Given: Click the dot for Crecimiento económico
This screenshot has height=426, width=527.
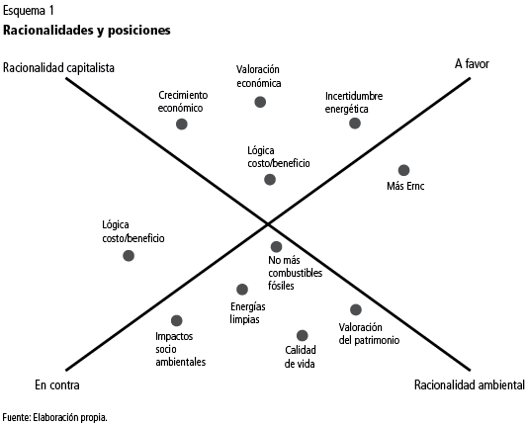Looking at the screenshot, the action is pos(182,124).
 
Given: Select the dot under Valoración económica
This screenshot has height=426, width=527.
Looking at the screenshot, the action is pos(260,102).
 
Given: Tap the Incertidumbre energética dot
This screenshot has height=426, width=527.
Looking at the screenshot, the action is pos(355,123).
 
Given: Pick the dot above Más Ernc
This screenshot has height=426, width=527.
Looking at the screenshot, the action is pos(403,170).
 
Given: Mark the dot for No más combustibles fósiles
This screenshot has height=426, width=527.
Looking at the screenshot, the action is pos(276,246).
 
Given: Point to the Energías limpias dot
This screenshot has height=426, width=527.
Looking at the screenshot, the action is pos(242,290).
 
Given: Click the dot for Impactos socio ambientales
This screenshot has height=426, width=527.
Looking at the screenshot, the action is pos(176,320).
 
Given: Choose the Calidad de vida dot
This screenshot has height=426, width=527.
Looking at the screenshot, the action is pos(303,335).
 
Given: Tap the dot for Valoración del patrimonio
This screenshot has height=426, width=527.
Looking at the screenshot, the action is pos(356,309).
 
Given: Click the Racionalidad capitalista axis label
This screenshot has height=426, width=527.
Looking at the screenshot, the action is pos(58,68).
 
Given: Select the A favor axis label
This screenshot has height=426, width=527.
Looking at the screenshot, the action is pos(472,63).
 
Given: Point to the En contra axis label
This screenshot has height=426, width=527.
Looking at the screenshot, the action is pos(57,385).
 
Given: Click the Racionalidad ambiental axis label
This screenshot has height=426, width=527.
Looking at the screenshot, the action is pos(470,385).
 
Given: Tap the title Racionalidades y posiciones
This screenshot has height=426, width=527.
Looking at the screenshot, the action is pos(87,31).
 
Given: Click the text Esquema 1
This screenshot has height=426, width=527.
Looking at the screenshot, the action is pos(29,11).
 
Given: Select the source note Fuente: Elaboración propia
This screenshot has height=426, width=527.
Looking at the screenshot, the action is pos(55,418).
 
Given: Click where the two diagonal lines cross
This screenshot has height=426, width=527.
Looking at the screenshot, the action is pos(268,223).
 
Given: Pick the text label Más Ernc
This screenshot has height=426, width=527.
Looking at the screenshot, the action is pos(405,186).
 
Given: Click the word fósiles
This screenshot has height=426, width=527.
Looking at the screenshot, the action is pos(281,286).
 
